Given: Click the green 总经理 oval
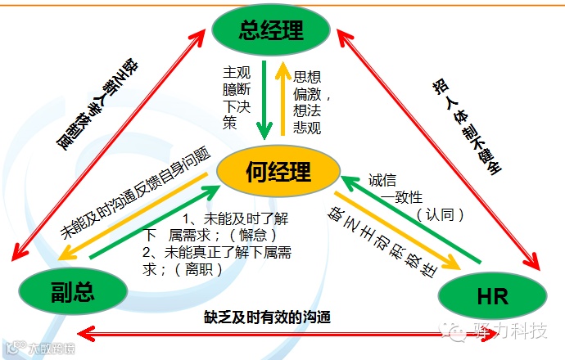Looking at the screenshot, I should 271,31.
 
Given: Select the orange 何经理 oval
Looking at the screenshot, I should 278,172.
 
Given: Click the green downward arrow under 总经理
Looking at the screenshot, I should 264,98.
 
